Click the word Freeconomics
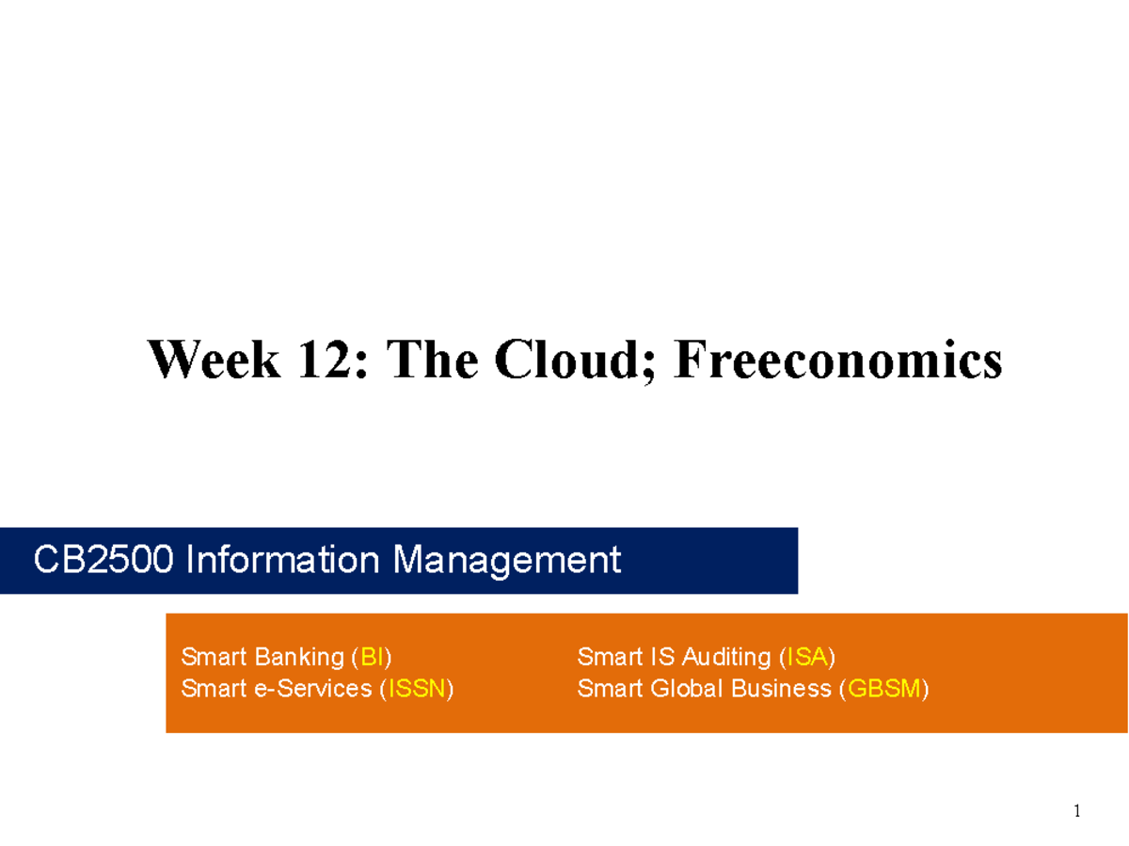pos(837,360)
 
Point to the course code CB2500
pos(103,561)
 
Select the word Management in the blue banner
pos(507,561)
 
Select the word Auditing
pos(726,656)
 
